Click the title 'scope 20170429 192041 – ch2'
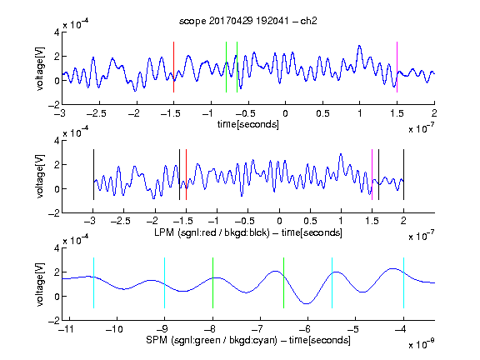tap(248, 21)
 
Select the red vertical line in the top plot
tap(173, 67)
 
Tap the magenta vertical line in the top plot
tap(397, 67)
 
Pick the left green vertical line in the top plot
tap(226, 67)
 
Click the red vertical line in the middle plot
tap(186, 174)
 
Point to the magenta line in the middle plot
tap(372, 174)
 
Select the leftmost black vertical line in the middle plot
tap(93, 174)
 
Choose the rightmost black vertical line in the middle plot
tap(404, 174)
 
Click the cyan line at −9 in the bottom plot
tap(165, 282)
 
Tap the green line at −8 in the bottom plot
tap(212, 282)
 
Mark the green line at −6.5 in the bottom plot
tap(284, 282)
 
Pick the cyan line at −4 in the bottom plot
tap(404, 282)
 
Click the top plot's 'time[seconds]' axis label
tap(248, 124)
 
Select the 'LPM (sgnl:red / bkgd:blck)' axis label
tap(212, 232)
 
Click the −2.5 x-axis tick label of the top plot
tap(97, 113)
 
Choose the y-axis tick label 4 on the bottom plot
tap(57, 247)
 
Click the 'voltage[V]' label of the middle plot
tap(40, 177)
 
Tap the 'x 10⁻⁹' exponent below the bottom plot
tap(421, 344)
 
